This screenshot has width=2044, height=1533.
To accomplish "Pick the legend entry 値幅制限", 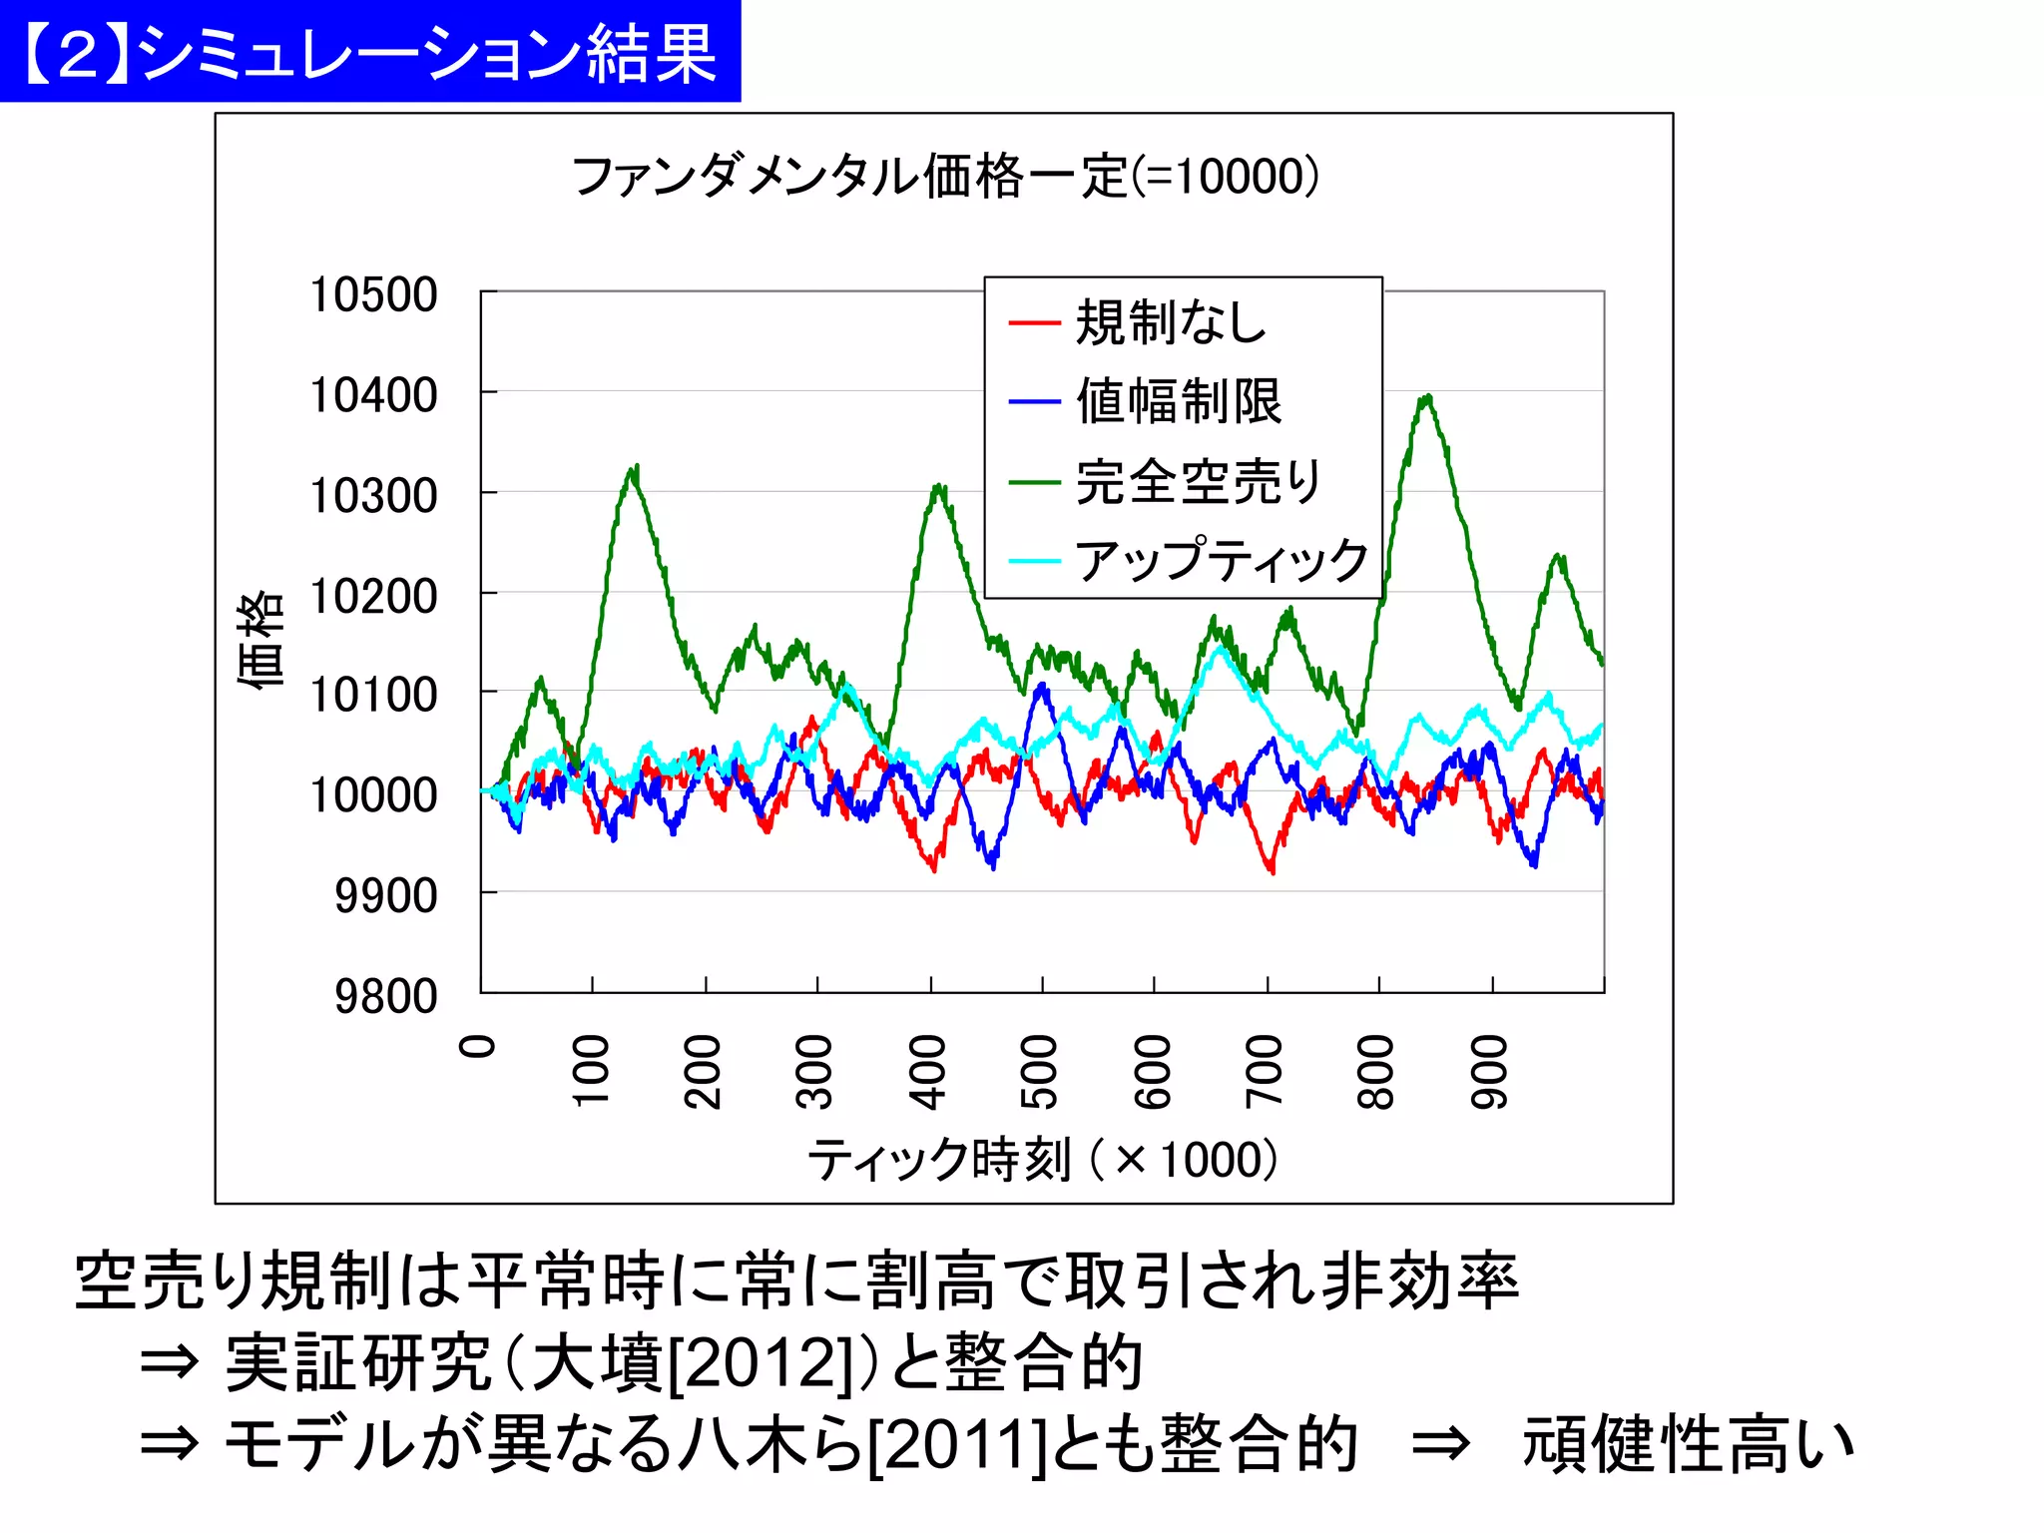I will click(x=1178, y=401).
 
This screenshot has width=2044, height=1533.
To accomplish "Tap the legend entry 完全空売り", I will click(x=1198, y=481).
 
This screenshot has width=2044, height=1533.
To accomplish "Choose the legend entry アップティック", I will click(x=1221, y=560).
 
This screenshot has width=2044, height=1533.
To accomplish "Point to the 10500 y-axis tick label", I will click(x=373, y=294).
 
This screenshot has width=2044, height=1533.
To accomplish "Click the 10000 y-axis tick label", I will click(x=373, y=794).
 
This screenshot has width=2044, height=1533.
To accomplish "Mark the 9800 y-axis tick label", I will click(x=385, y=995).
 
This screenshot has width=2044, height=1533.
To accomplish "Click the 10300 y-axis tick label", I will click(x=373, y=495).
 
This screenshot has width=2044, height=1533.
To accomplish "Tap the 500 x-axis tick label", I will click(x=1040, y=1072).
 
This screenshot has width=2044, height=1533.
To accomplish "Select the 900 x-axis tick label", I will click(x=1489, y=1072).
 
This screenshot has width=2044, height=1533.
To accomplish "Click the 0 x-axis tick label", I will click(x=478, y=1046).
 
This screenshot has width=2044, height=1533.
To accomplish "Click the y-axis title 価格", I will click(x=260, y=639).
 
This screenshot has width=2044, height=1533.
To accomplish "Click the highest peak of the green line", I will click(x=1429, y=397).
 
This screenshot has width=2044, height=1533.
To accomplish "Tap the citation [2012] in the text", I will click(x=761, y=1362).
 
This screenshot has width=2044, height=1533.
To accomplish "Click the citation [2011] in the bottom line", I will click(x=956, y=1444).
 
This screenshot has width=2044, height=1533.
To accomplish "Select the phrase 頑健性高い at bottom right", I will click(x=1687, y=1444).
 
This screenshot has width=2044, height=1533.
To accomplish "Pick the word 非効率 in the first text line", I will click(x=1418, y=1280).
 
